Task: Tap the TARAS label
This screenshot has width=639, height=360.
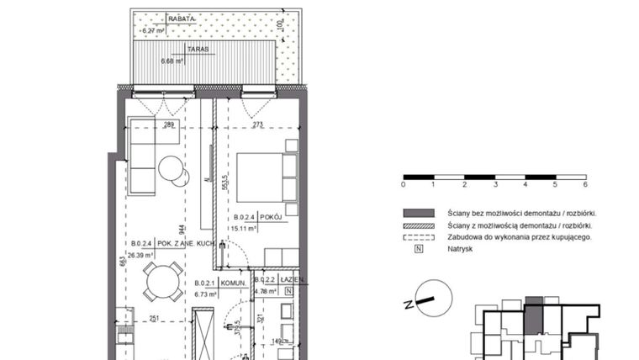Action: (x=175, y=50)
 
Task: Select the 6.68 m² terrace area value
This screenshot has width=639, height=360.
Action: (x=173, y=61)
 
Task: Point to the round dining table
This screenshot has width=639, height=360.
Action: (x=162, y=281)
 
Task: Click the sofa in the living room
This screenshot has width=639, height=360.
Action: (x=142, y=156)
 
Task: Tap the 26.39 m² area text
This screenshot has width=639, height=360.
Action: (x=144, y=255)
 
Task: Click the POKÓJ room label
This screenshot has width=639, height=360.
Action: (x=270, y=216)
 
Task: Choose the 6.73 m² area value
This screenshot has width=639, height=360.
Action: (x=206, y=294)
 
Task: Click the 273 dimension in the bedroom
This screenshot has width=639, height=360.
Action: (x=257, y=125)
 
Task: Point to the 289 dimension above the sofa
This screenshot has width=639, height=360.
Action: (x=168, y=125)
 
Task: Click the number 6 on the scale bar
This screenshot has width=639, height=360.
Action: (x=584, y=184)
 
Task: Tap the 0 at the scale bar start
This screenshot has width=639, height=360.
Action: (x=404, y=184)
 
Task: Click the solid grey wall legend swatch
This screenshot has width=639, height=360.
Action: (x=418, y=213)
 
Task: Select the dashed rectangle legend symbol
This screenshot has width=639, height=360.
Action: (x=418, y=237)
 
